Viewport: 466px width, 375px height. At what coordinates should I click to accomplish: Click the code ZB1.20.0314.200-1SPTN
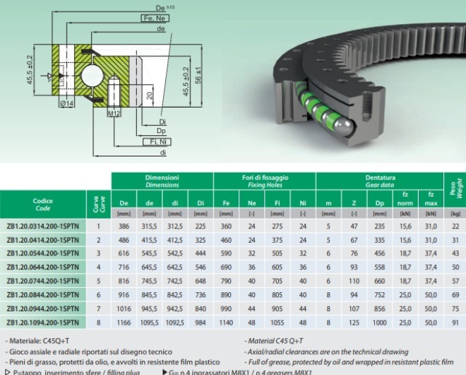click(42, 226)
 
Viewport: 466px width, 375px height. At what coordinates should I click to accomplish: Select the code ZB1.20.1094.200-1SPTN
click(42, 323)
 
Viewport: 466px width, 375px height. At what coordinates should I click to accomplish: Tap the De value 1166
click(124, 323)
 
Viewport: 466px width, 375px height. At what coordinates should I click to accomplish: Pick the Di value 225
click(201, 226)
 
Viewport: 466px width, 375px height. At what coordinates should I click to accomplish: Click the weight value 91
click(455, 323)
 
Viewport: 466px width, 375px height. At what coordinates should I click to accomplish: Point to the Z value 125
click(354, 323)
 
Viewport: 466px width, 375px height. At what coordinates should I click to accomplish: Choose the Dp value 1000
click(380, 323)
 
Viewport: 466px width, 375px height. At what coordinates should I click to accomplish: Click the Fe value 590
click(226, 253)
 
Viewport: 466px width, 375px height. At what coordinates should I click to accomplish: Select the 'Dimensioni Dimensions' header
click(162, 180)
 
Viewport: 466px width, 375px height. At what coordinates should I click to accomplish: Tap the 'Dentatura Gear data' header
click(380, 180)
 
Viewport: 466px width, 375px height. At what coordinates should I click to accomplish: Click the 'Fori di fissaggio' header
click(265, 180)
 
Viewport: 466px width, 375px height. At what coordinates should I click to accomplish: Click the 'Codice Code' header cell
click(42, 204)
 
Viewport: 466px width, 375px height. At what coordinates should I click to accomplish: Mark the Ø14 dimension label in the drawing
click(67, 103)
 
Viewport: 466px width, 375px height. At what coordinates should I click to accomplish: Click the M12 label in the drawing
click(114, 112)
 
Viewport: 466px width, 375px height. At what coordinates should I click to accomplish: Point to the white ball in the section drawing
click(92, 75)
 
